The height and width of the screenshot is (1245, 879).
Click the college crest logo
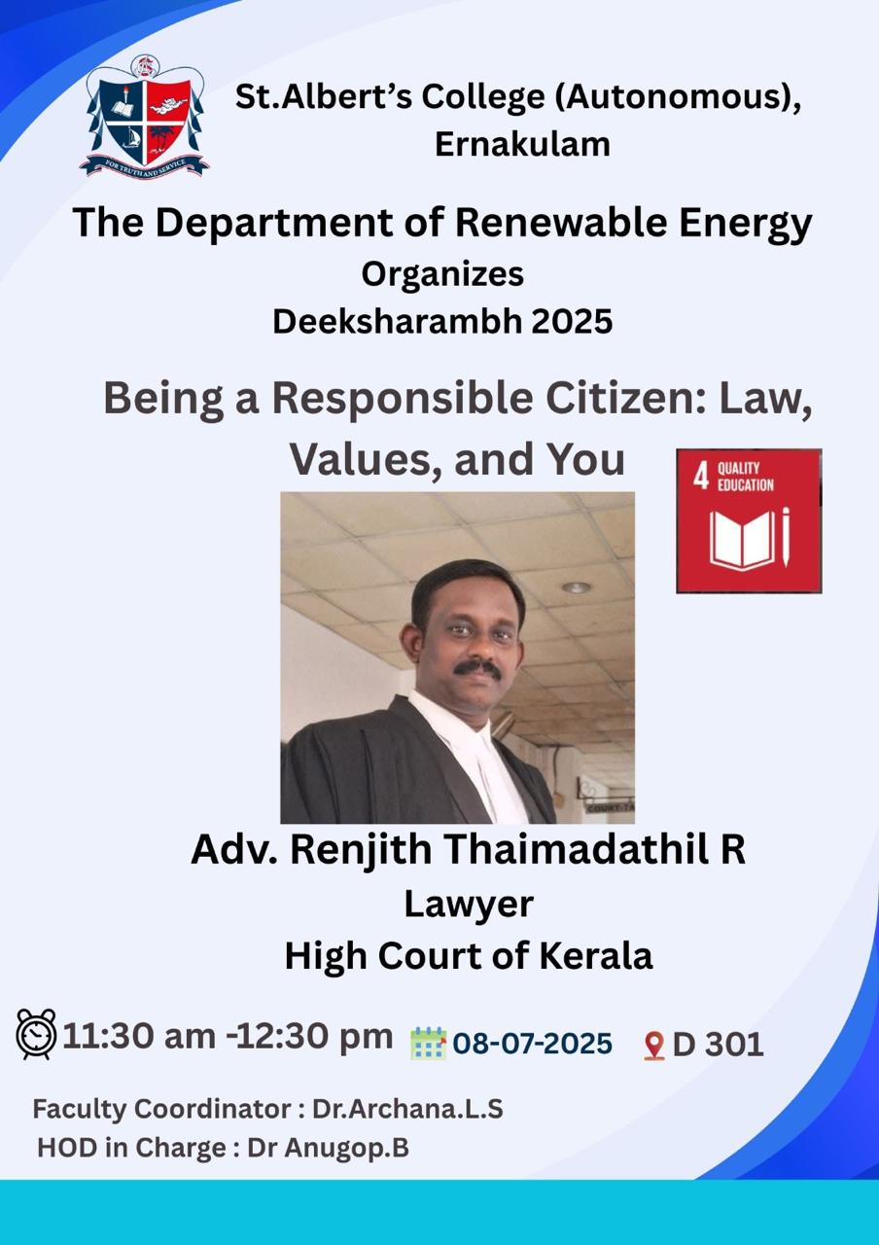click(145, 116)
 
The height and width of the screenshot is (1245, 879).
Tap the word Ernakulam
click(522, 145)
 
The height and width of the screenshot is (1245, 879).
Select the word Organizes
click(442, 274)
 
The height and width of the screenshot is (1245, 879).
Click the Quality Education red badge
click(749, 520)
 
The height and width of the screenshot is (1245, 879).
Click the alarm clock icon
click(37, 1034)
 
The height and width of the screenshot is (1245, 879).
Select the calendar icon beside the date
click(428, 1044)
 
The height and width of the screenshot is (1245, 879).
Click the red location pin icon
click(654, 1046)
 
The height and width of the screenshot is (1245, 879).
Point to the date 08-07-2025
click(532, 1044)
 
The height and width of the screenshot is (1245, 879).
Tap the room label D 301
click(718, 1045)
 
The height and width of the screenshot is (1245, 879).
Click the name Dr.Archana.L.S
click(407, 1109)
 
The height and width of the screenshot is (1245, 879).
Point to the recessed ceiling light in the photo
click(576, 587)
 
